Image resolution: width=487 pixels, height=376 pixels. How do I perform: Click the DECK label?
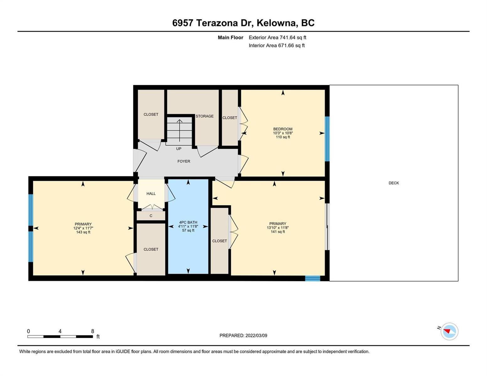pos(394,183)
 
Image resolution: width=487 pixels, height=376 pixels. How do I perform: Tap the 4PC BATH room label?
pos(188,222)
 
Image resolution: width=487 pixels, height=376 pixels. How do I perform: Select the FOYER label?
pos(183,161)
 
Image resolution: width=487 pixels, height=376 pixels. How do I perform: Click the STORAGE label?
pos(204,116)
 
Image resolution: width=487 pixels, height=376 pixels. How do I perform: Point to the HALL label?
pos(151,194)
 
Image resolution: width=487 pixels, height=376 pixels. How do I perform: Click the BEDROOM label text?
pos(283,129)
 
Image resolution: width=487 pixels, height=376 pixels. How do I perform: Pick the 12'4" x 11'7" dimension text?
pos(83,228)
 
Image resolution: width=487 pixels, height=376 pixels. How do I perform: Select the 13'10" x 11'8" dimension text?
pos(278,227)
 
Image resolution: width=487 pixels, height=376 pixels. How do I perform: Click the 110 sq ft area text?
pos(283,137)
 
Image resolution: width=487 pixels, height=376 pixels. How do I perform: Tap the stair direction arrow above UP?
pos(179,131)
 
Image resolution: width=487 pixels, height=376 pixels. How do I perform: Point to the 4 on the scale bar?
pos(60,331)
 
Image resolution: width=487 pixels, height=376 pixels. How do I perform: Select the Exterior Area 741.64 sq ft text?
pos(277,37)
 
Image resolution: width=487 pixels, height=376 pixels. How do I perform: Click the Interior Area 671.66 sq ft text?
pos(277,45)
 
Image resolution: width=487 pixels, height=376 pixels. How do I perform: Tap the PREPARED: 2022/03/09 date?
pos(243,336)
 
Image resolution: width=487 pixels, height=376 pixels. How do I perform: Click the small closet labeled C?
pos(151,216)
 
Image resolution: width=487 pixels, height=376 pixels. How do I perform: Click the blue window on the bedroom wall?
pos(327,139)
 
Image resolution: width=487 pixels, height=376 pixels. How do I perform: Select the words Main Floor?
pos(230,37)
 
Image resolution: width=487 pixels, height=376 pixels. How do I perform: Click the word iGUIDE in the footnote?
pos(123,352)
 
